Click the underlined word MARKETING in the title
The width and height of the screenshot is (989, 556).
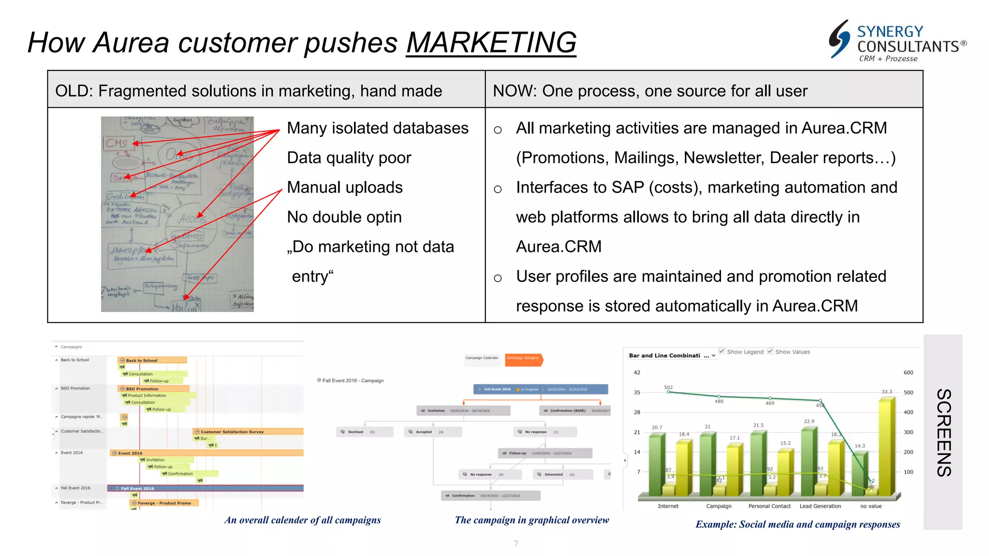pos(491,42)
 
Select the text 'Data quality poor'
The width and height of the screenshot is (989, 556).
pos(349,158)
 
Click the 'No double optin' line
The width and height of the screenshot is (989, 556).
pos(344,217)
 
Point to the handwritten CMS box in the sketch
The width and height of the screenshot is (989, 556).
pos(118,143)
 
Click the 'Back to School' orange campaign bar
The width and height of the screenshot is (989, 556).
pos(152,360)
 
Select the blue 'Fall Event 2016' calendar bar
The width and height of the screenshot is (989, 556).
pos(206,488)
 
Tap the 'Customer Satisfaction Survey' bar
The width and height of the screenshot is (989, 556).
pos(248,431)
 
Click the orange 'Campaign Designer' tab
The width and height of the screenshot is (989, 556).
pos(523,358)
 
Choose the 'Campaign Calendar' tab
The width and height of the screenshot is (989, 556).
pos(481,358)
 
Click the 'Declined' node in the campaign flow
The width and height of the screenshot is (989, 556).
pos(364,432)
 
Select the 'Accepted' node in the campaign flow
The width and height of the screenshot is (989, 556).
pos(432,432)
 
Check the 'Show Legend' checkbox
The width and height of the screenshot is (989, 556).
pos(722,351)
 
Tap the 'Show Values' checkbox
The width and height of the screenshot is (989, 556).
pos(770,351)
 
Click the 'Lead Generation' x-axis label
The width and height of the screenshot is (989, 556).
pos(820,506)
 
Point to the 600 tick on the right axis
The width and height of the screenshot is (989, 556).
pos(908,373)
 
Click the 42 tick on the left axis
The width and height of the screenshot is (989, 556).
pos(637,373)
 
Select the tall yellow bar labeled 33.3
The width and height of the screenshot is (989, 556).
pos(887,446)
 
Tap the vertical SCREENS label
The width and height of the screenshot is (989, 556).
pos(943,432)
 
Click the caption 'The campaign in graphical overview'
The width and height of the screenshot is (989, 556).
pos(532,520)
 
